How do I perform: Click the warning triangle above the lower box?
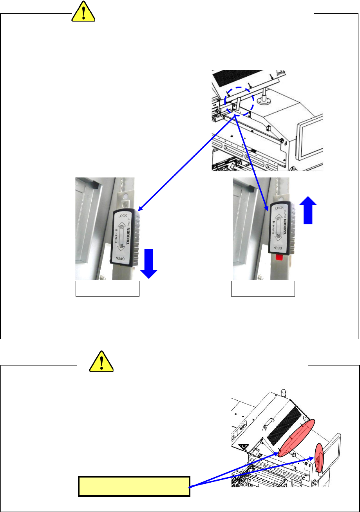(x=101, y=361)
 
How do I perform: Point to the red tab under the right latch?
(x=279, y=257)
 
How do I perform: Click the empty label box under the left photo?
(x=107, y=288)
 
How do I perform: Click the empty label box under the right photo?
(x=263, y=288)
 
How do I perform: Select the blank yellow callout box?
(x=134, y=487)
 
